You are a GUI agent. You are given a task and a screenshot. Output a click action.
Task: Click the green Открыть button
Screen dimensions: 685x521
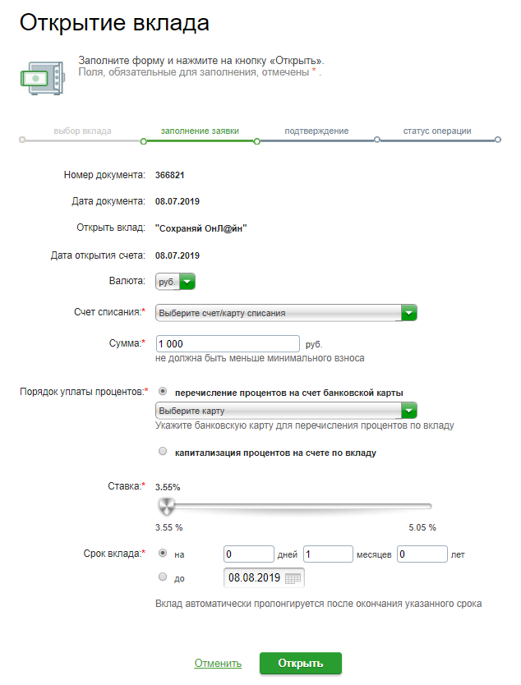click(300, 664)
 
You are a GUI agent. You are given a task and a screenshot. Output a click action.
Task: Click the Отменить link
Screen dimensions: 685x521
click(218, 664)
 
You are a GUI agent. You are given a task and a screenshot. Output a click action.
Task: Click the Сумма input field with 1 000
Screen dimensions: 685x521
click(228, 343)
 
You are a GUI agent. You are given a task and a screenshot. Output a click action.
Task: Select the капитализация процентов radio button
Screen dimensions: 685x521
click(162, 451)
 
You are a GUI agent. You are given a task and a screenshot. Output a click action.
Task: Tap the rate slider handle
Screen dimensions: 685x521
click(167, 505)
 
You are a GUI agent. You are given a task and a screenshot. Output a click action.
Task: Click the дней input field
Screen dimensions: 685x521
click(248, 554)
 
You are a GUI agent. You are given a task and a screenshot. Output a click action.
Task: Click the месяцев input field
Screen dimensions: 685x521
click(328, 554)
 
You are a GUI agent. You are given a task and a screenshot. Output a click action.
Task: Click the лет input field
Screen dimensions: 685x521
click(422, 554)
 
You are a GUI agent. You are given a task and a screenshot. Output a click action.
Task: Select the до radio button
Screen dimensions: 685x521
click(162, 577)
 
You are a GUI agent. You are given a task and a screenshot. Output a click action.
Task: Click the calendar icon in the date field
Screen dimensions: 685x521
click(293, 578)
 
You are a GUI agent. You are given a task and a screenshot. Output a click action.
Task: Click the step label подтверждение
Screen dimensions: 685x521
click(316, 131)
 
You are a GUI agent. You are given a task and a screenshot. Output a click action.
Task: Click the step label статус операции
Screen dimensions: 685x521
click(437, 131)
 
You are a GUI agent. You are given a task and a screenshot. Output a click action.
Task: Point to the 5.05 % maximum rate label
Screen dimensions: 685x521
click(422, 526)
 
